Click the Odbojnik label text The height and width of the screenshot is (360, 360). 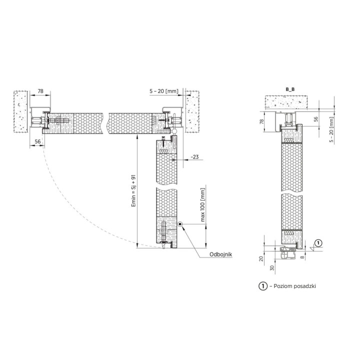click(x=220, y=254)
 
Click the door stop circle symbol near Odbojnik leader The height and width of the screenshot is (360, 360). click(x=180, y=224)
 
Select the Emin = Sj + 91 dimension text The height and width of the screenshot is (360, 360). click(x=133, y=191)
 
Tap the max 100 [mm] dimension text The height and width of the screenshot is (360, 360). click(x=202, y=205)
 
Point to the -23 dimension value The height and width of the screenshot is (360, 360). click(x=194, y=157)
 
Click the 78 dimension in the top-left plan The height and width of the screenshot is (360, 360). click(x=40, y=91)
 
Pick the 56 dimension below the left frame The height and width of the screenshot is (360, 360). click(x=37, y=141)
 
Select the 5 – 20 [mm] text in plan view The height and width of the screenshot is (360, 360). click(x=164, y=91)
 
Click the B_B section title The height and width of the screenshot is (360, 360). click(x=290, y=89)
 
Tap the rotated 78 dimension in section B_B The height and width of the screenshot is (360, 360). click(x=261, y=121)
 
